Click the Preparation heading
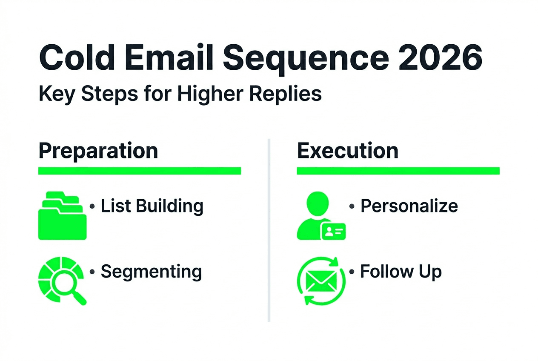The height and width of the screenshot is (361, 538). pos(98,151)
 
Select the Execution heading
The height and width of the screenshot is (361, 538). pos(347,151)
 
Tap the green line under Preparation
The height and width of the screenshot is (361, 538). pos(140,171)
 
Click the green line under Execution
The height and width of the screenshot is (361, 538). pos(398,171)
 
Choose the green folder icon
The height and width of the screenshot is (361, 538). pos(62,216)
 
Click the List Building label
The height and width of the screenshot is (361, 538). pos(152,206)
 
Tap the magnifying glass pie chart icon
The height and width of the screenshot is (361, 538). pos(62,281)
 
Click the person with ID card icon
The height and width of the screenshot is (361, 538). pos(321,216)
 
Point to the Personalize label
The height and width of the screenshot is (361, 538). pos(409,206)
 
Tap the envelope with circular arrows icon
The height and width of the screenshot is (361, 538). pos(321,281)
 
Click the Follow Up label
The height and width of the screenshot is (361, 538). pos(401,271)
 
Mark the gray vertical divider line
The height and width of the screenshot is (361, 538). pos(269,230)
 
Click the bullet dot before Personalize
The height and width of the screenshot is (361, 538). pos(352,206)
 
